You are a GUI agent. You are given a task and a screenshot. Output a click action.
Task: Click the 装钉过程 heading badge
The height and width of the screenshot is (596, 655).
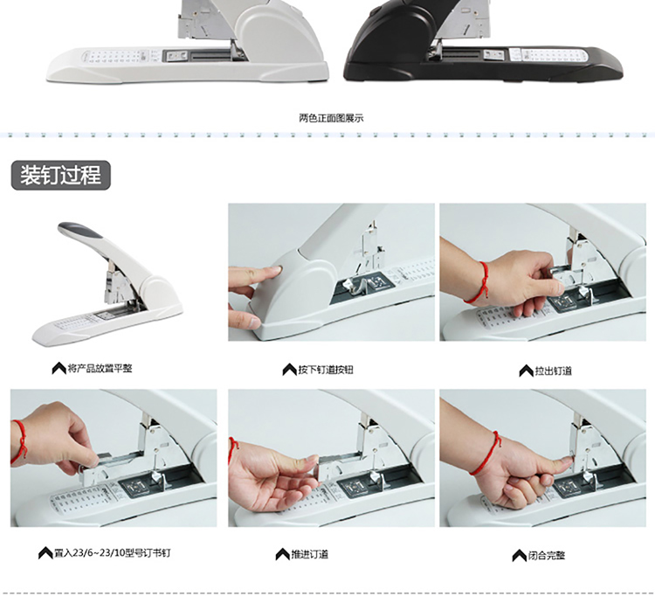(60, 175)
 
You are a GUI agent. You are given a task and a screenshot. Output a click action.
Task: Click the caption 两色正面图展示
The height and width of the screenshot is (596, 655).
(331, 118)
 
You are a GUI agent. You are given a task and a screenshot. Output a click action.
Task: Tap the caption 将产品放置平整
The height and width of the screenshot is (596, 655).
(100, 368)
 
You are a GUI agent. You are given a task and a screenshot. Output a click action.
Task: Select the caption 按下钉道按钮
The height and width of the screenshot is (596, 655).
(326, 370)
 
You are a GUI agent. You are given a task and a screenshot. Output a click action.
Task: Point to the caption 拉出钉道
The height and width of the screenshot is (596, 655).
(554, 371)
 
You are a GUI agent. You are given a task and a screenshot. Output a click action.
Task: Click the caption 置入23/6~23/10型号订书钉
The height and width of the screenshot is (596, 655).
(113, 553)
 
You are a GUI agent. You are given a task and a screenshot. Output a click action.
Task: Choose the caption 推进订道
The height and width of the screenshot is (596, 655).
(309, 554)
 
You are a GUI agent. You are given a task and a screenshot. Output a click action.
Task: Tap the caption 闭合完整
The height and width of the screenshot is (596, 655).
(547, 556)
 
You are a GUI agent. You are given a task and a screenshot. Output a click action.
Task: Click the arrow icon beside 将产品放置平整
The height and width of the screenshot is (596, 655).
(59, 368)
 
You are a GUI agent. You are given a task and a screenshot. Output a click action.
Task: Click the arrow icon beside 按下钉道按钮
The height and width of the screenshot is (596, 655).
(289, 370)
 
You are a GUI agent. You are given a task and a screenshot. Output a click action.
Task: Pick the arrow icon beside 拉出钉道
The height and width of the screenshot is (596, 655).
(526, 371)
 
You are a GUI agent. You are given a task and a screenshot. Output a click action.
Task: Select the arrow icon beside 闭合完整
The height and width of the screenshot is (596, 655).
(520, 556)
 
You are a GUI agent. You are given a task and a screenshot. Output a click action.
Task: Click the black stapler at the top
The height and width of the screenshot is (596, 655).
(480, 46)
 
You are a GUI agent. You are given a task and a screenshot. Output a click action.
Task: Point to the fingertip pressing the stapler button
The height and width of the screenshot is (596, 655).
(277, 272)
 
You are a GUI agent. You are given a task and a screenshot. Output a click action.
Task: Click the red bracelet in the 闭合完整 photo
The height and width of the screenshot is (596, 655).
(486, 454)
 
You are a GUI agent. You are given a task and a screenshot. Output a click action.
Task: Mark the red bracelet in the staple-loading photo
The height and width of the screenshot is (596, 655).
(19, 442)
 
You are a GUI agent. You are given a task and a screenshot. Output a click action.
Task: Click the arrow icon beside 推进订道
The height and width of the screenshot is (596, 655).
(282, 554)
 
